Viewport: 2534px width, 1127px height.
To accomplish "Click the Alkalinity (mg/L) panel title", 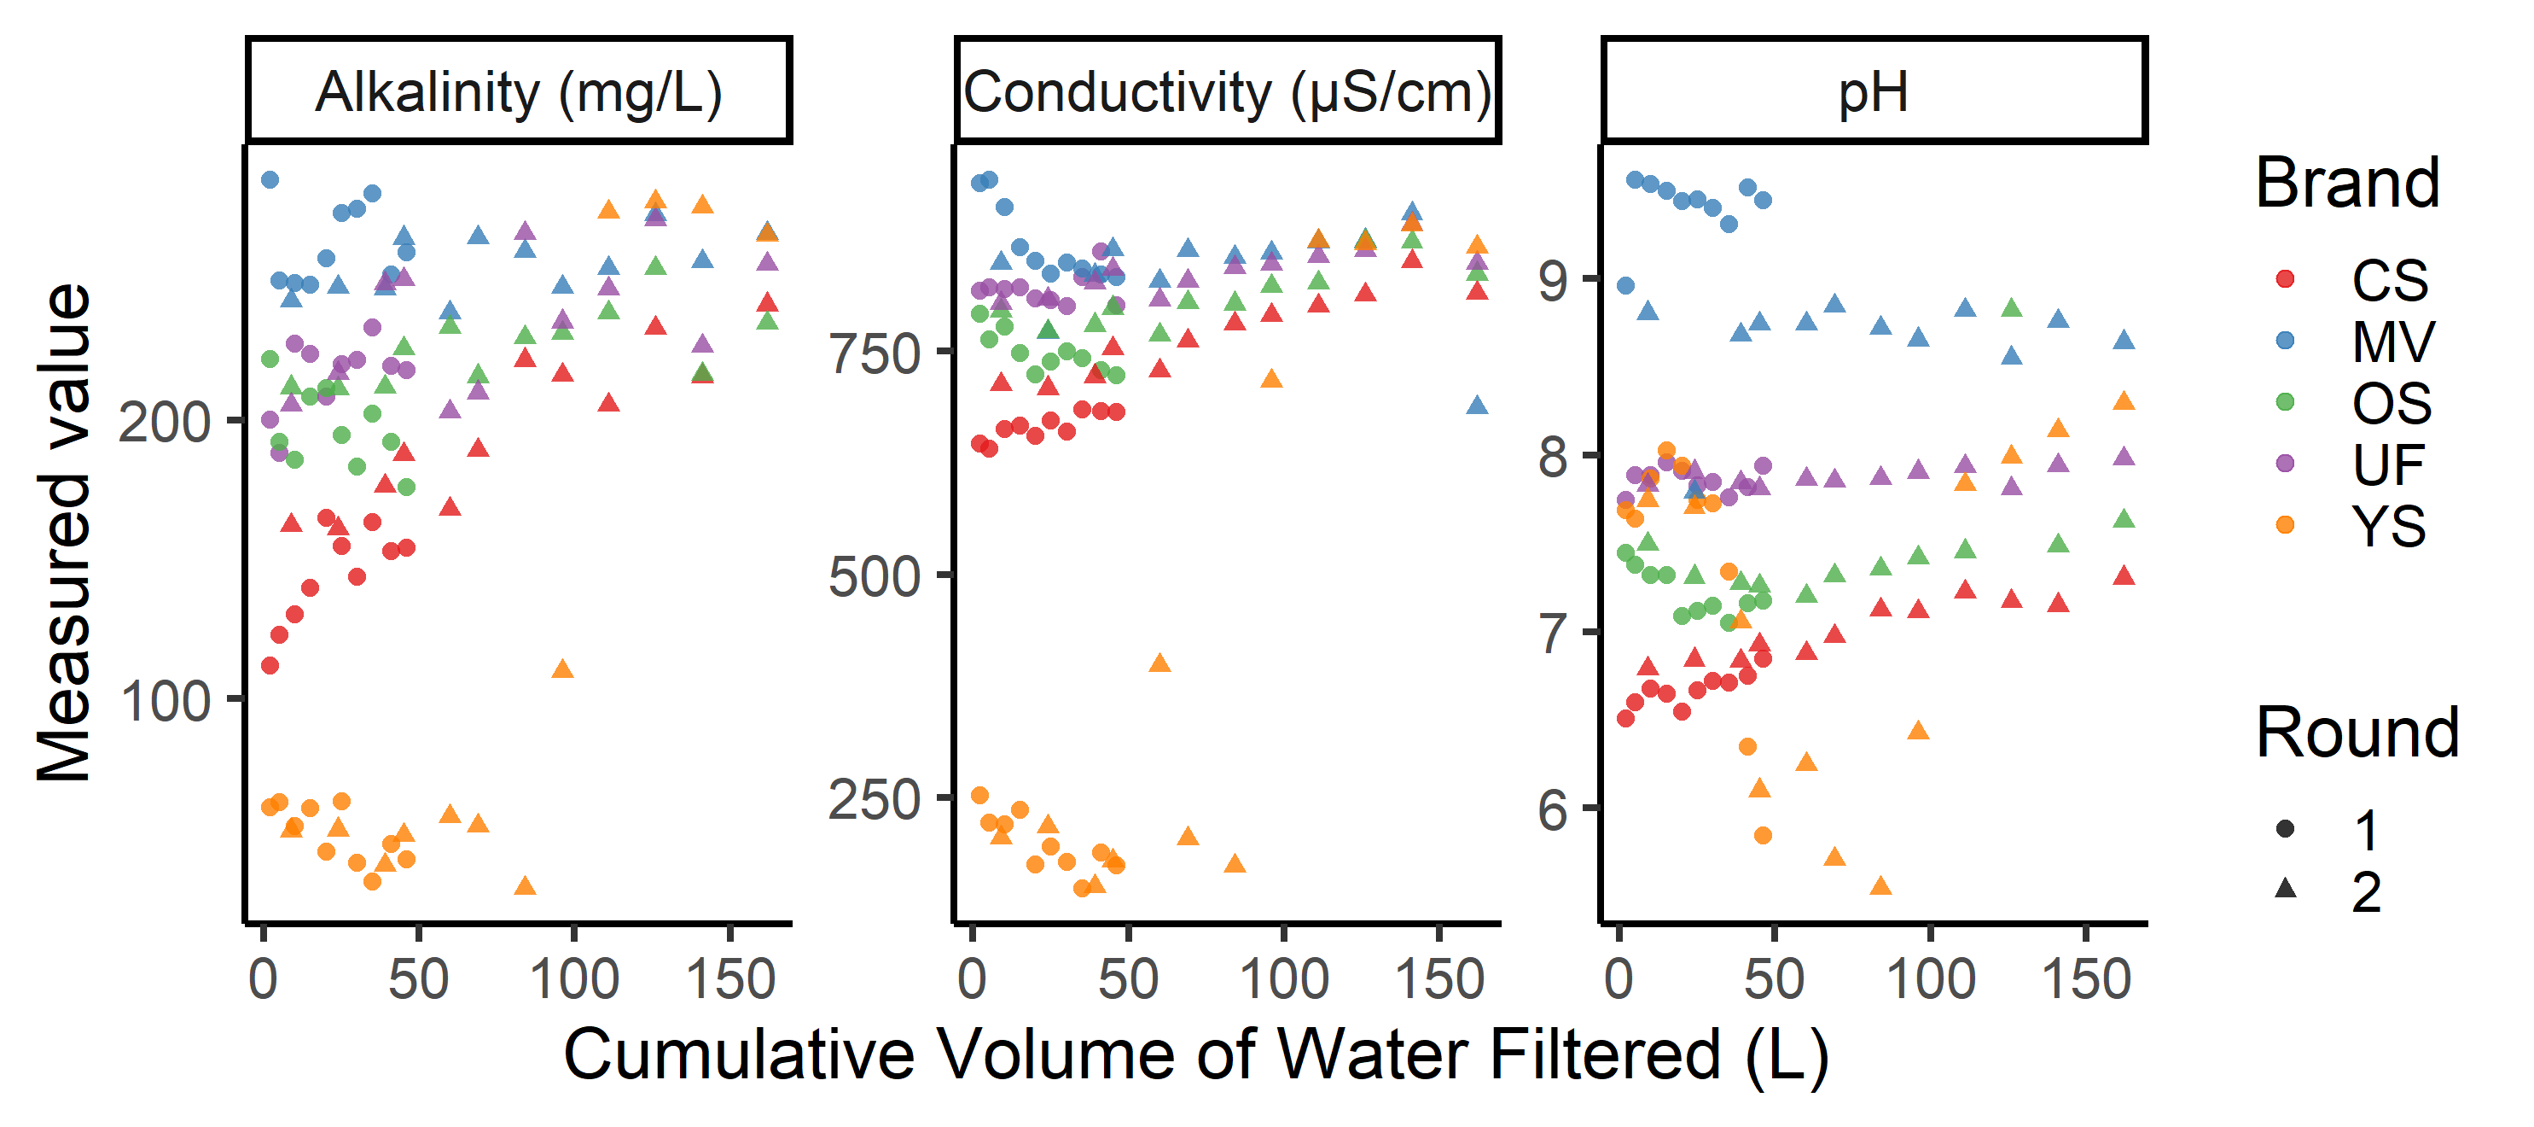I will point(519,92).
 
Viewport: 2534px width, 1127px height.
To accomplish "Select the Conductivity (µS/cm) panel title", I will point(1227,92).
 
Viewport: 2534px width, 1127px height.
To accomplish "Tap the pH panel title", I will point(1873,92).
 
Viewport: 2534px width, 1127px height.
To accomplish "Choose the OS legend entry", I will point(2391,403).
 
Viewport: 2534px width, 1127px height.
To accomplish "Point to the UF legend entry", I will point(2388,464).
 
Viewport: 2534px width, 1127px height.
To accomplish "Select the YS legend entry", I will point(2388,526).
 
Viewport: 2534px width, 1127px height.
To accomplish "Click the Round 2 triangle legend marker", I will point(2285,889).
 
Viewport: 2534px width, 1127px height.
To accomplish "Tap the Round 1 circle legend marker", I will point(2285,829).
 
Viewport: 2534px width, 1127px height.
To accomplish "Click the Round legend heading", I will point(2357,733).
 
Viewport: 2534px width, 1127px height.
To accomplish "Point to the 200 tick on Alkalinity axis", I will point(165,423).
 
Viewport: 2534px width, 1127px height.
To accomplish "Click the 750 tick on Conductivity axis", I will point(875,353).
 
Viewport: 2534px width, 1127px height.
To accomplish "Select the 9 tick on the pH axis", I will point(1555,279).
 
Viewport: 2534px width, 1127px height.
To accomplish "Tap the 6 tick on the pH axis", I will point(1555,809).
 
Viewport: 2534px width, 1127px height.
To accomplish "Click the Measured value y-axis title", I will point(63,533).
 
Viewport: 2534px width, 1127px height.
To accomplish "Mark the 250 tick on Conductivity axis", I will point(875,798).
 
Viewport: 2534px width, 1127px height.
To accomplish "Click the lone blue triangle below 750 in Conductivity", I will point(1477,405).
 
